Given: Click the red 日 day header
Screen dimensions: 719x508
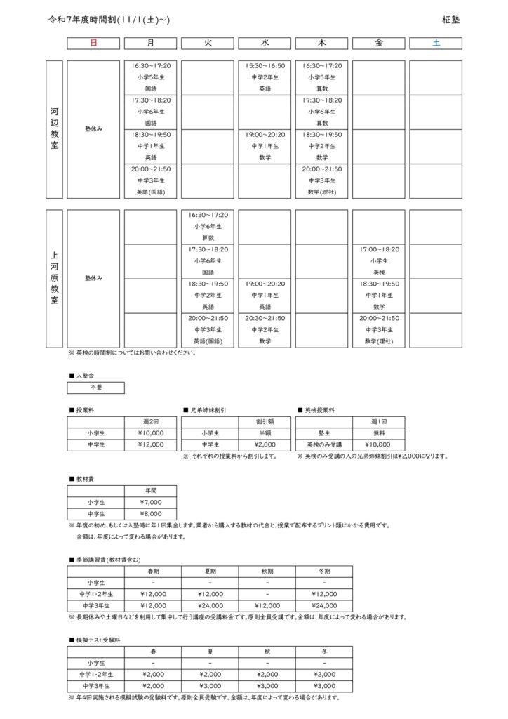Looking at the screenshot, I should coord(93,44).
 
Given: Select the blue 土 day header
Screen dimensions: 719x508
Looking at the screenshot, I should coord(436,44).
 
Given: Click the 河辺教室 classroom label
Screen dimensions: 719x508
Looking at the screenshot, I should coord(55,129).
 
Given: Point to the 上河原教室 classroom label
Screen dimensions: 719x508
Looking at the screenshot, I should coord(55,278).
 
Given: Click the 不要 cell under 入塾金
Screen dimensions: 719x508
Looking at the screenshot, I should coord(95,388).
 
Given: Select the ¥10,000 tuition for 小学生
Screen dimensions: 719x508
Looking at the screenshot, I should coord(150,433).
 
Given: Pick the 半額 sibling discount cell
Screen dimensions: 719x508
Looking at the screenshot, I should coord(265,433).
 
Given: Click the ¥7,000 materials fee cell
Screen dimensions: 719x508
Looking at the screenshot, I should coord(150,502).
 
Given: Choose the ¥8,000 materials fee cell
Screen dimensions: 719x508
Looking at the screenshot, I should coord(150,513).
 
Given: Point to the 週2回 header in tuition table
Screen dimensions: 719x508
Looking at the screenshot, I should coord(150,422).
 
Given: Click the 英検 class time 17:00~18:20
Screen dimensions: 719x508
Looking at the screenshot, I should coord(379,249).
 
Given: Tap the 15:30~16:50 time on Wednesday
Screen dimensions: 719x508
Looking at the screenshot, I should coord(265,66).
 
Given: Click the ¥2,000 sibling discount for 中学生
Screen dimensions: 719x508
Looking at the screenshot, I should coord(265,444).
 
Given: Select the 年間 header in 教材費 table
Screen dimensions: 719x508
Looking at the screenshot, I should coord(150,491).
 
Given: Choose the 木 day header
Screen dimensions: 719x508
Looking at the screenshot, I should coord(322,44).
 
